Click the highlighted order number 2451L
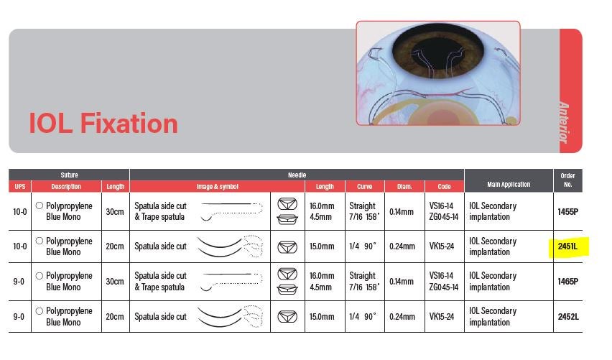(567, 246)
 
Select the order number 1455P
(567, 211)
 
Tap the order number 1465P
(567, 281)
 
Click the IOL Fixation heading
(103, 124)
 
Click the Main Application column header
(508, 185)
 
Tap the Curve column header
(364, 187)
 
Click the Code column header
(444, 187)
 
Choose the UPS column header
(19, 187)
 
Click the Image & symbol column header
(217, 187)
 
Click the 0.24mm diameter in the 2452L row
(403, 316)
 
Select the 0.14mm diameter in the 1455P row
(403, 211)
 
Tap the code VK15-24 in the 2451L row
(443, 246)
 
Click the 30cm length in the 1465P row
(115, 281)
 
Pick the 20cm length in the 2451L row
(115, 246)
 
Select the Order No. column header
(567, 180)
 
